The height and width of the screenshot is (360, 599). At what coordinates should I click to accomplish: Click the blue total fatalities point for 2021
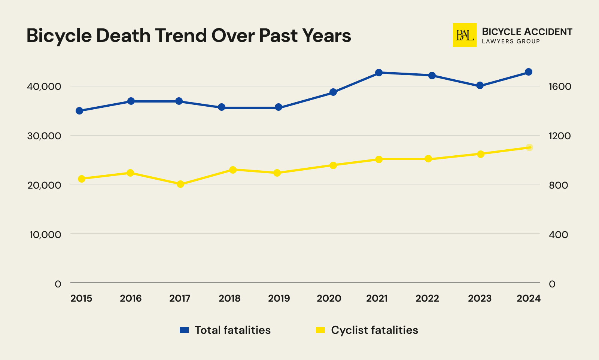coord(378,72)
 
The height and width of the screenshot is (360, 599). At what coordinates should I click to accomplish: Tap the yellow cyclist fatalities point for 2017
coord(180,184)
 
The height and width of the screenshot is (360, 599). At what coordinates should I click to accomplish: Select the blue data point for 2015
coord(79,111)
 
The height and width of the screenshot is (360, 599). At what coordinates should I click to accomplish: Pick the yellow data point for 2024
coord(529,147)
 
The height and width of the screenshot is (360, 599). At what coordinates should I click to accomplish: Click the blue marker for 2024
coord(528,72)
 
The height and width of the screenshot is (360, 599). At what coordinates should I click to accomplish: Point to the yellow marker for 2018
coord(232,170)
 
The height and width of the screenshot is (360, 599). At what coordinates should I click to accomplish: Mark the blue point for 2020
coord(333,92)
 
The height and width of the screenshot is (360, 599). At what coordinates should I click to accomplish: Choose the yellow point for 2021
coord(378,159)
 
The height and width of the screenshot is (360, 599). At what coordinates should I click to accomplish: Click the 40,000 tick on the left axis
coord(44,86)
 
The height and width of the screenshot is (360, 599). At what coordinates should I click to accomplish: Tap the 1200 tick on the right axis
coord(560,136)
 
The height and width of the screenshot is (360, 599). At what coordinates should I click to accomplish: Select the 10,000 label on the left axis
coord(44,235)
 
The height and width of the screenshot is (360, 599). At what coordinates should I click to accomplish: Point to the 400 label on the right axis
coord(558,235)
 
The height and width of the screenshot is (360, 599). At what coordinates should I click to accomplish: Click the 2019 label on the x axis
coord(279,298)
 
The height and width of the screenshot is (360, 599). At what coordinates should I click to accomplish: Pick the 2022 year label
coord(427,298)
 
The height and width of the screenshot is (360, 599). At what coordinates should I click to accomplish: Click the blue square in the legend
coord(184,330)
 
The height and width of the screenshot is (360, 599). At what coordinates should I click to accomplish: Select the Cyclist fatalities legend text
coord(374,330)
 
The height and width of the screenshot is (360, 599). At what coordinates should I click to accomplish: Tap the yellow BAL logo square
coord(464,35)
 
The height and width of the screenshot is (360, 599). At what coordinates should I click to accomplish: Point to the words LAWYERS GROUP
coord(511,41)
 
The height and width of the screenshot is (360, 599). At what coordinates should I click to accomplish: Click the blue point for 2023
coord(480,85)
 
